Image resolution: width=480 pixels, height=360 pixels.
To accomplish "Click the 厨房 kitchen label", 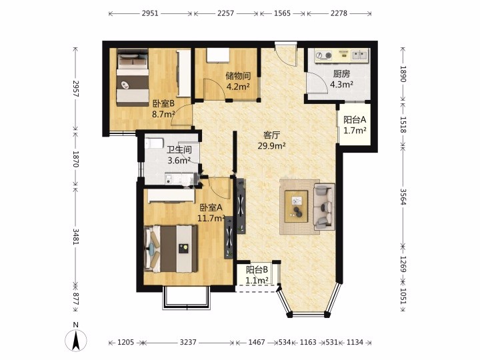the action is [x=341, y=74].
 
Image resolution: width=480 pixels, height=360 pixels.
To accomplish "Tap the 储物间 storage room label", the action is [x=238, y=75].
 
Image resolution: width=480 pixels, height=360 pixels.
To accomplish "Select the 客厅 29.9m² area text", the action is [x=271, y=141].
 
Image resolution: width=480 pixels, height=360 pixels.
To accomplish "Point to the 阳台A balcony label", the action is [x=355, y=120].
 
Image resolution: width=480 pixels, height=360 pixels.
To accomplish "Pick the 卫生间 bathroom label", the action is [x=179, y=150].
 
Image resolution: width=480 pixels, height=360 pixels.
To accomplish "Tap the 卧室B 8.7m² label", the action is [x=163, y=109].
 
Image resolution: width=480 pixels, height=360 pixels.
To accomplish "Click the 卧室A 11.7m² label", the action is [x=211, y=213].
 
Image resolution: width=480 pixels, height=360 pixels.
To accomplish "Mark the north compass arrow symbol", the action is [x=75, y=340].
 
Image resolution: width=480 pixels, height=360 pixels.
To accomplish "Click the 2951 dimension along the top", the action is [x=150, y=13].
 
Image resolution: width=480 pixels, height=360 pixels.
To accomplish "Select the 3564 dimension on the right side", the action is [x=403, y=197].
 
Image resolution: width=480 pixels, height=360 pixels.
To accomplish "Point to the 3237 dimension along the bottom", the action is [x=188, y=342].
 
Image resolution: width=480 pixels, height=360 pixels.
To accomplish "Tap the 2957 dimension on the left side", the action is [x=76, y=89].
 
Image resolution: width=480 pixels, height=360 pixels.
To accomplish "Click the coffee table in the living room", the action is [x=296, y=206].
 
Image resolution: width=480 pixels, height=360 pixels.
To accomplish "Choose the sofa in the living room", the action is [x=324, y=207].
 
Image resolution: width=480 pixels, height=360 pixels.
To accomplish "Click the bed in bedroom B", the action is [x=133, y=78].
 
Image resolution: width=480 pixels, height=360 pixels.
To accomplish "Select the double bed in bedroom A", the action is [x=171, y=249].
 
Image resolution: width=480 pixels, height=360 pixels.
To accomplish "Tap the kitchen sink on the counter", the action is [x=360, y=55].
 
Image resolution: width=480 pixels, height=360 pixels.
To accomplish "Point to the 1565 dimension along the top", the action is [x=282, y=13].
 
